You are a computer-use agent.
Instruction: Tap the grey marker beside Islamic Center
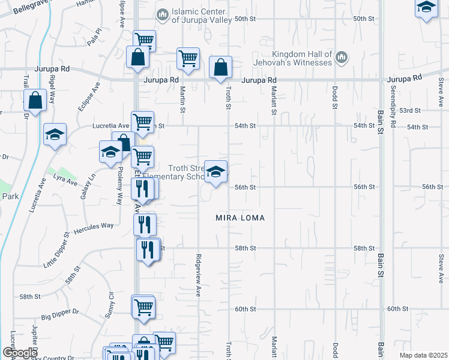pyautogui.click(x=161, y=14)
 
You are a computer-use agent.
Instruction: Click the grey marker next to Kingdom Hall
pyautogui.click(x=342, y=58)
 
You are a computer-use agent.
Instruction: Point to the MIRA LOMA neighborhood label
pyautogui.click(x=240, y=218)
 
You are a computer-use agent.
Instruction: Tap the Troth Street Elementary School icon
pyautogui.click(x=215, y=172)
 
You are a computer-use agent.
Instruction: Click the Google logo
pyautogui.click(x=20, y=353)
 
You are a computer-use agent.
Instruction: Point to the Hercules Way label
pyautogui.click(x=94, y=227)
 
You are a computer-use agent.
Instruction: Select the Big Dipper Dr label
pyautogui.click(x=60, y=313)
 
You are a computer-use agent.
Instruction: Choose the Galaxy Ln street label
pyautogui.click(x=88, y=187)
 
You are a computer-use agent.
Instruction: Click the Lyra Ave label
pyautogui.click(x=65, y=180)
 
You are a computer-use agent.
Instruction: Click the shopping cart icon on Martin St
pyautogui.click(x=188, y=59)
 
